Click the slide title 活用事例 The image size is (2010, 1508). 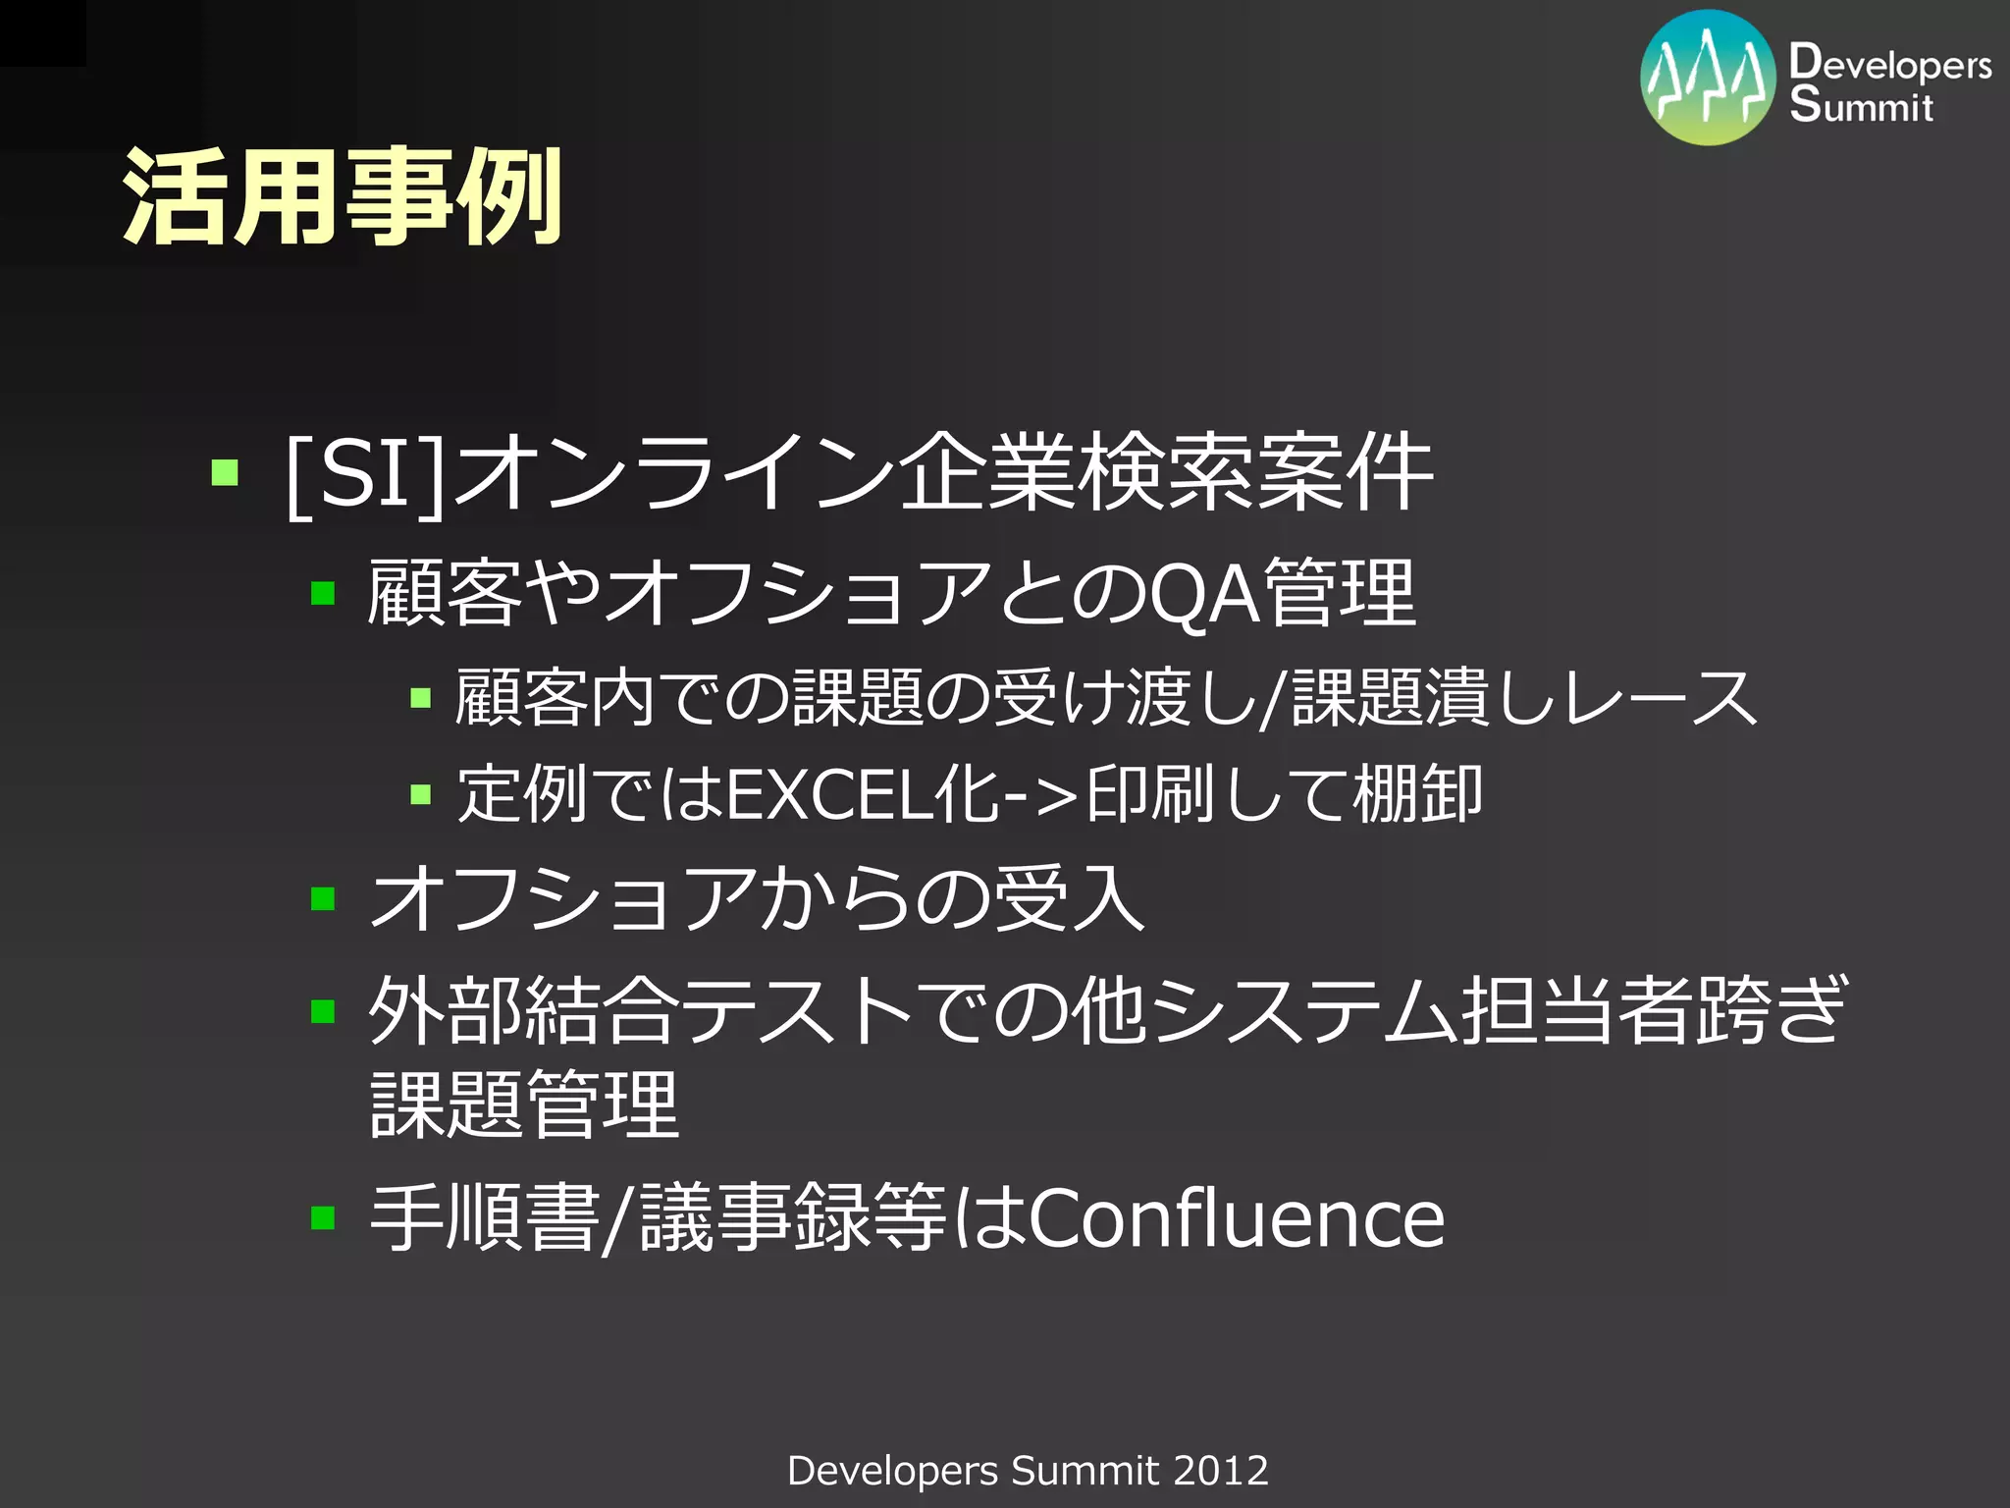tap(342, 196)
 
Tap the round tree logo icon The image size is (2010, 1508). tap(1708, 79)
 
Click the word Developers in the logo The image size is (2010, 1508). tap(1889, 64)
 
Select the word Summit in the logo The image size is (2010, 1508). tap(1861, 105)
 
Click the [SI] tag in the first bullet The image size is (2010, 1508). tap(365, 474)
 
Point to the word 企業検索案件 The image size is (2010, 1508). tap(1166, 472)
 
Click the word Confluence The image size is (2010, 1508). tap(1237, 1218)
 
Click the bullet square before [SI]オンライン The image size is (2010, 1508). tap(225, 473)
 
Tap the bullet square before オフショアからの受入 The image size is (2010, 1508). tap(323, 898)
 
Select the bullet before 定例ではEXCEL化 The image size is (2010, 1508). tap(421, 793)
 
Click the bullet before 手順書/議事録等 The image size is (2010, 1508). tap(323, 1218)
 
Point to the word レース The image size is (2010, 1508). tap(1659, 698)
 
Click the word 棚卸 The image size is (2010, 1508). tap(1417, 793)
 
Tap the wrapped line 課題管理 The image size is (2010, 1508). tap(525, 1104)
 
